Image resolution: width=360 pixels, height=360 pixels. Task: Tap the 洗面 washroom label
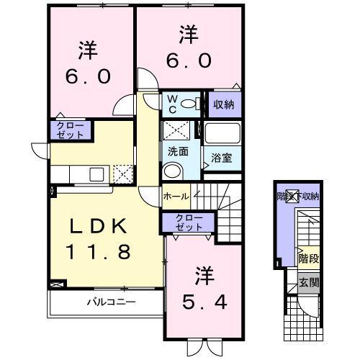(178, 153)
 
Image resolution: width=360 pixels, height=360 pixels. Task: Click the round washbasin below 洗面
(172, 171)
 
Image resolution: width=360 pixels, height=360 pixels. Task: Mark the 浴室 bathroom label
(220, 157)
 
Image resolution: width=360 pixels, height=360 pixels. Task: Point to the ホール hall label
(177, 196)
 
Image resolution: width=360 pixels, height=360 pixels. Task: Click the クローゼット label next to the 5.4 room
(185, 222)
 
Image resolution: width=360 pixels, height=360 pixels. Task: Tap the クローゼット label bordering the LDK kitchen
(69, 130)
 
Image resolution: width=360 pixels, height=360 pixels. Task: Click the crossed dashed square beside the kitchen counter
(124, 174)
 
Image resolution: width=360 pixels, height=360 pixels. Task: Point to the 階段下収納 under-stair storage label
(299, 196)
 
